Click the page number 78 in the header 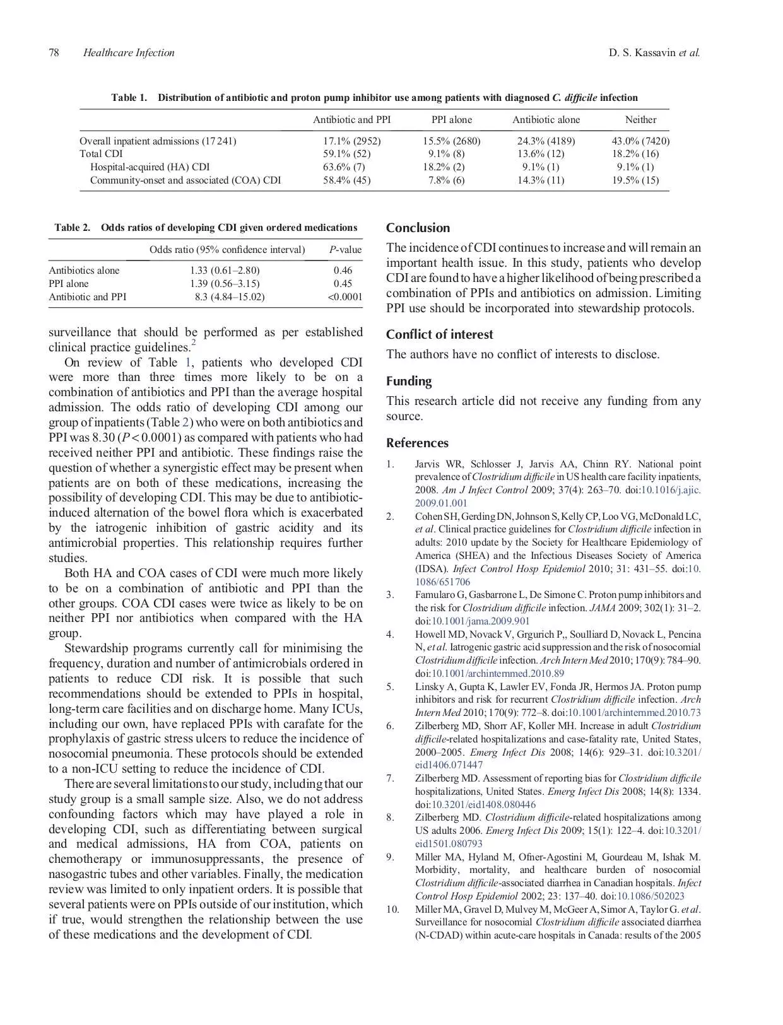[x=54, y=53]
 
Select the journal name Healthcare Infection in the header [x=129, y=53]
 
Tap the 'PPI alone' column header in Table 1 [x=451, y=120]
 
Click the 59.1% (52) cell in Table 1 [x=346, y=154]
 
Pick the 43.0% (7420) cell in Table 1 [x=640, y=141]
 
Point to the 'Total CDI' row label [x=101, y=154]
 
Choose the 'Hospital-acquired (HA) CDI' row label [x=150, y=167]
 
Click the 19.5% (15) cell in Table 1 [x=635, y=180]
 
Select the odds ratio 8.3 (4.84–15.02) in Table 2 [x=229, y=297]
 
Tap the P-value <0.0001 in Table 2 [x=344, y=297]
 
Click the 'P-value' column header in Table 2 [x=345, y=250]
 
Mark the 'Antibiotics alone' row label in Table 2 [x=84, y=271]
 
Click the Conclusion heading [x=418, y=228]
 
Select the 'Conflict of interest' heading [x=439, y=335]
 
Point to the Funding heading [x=409, y=382]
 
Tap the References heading [x=417, y=443]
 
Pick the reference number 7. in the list [x=391, y=778]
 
